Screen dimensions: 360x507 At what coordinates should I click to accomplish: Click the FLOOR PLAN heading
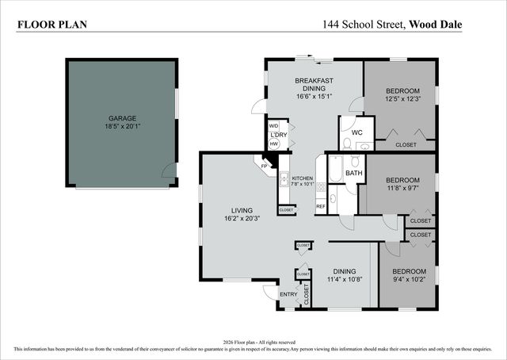[52, 25]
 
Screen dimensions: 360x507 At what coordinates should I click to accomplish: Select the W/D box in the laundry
[274, 126]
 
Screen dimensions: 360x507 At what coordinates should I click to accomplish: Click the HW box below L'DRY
[274, 144]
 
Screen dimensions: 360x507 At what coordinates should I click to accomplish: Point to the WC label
[356, 132]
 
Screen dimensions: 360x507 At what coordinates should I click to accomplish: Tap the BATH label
[353, 173]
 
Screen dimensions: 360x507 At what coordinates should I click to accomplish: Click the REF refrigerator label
[321, 206]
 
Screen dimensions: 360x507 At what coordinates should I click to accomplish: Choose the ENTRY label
[288, 295]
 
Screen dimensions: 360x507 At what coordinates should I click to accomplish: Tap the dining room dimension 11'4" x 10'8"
[344, 279]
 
